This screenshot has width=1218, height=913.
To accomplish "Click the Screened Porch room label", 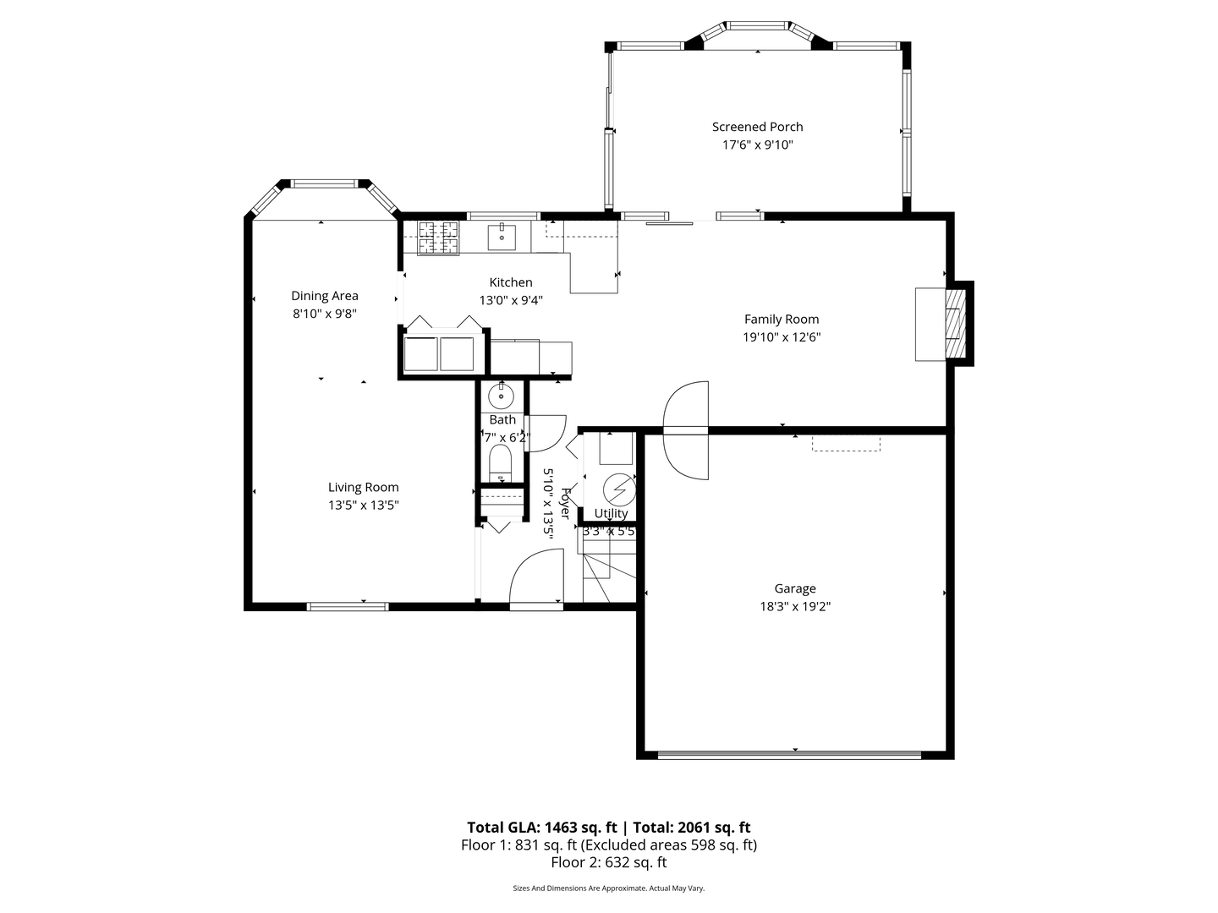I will [x=757, y=127].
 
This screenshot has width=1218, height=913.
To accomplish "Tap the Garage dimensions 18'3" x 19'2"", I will [x=794, y=606].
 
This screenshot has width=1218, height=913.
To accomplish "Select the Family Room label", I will [x=782, y=319].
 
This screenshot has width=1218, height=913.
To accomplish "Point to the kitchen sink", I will [x=502, y=237].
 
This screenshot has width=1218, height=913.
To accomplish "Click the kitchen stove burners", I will [x=438, y=238].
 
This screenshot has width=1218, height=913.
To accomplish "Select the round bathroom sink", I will [x=502, y=394].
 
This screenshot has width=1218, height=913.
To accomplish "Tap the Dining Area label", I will [x=325, y=296].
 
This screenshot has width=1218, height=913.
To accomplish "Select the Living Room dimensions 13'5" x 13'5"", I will [x=364, y=505].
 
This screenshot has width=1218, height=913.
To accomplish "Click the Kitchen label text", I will [x=511, y=282].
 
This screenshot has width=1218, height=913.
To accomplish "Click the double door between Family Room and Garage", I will [x=686, y=431].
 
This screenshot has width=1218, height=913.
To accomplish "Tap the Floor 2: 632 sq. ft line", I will [x=609, y=862].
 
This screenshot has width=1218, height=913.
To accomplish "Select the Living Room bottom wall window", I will [x=347, y=606].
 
